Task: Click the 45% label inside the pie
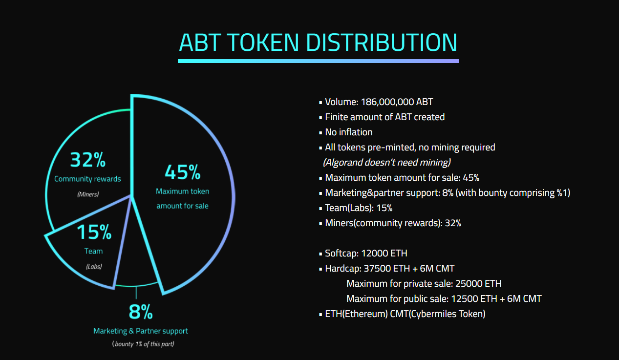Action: click(x=182, y=172)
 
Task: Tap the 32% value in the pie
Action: click(x=88, y=160)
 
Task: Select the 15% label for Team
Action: click(x=94, y=232)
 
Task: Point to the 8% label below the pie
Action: click(x=141, y=312)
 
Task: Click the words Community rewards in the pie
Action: click(x=87, y=179)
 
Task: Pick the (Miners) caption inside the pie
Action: click(x=88, y=194)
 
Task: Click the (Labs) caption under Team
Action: click(x=94, y=267)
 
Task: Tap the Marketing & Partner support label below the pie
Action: click(x=141, y=331)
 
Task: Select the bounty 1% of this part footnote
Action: click(x=144, y=344)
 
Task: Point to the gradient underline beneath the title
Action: click(x=318, y=61)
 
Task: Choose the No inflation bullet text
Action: click(x=349, y=132)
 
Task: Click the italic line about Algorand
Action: click(x=387, y=162)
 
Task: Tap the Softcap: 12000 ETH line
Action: click(x=366, y=253)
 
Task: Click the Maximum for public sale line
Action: click(x=444, y=298)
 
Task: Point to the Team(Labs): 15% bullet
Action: click(x=359, y=208)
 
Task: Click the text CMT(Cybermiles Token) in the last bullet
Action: click(x=438, y=314)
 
